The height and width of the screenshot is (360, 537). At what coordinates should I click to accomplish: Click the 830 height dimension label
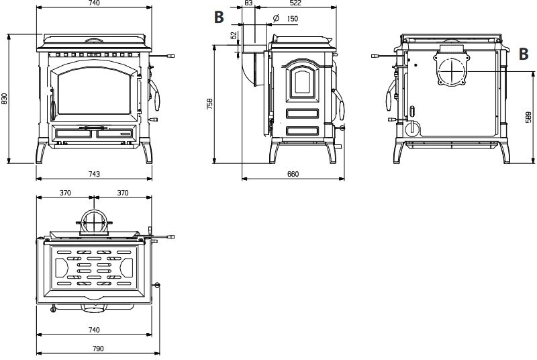(x=5, y=98)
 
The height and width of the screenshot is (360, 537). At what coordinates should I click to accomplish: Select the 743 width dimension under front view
(x=94, y=174)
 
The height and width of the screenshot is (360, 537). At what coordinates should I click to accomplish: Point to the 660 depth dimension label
(x=293, y=174)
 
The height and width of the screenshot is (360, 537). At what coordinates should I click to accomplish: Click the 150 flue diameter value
(x=292, y=19)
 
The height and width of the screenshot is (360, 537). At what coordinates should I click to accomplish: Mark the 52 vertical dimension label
(x=234, y=36)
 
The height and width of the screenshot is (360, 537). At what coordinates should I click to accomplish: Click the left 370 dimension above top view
(x=65, y=193)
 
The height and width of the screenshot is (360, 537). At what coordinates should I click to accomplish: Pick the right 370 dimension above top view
(x=123, y=193)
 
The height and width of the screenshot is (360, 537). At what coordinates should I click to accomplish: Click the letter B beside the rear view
(x=525, y=54)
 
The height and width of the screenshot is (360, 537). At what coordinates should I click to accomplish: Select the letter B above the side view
(x=219, y=17)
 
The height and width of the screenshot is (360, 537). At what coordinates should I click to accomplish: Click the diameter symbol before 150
(x=277, y=18)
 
